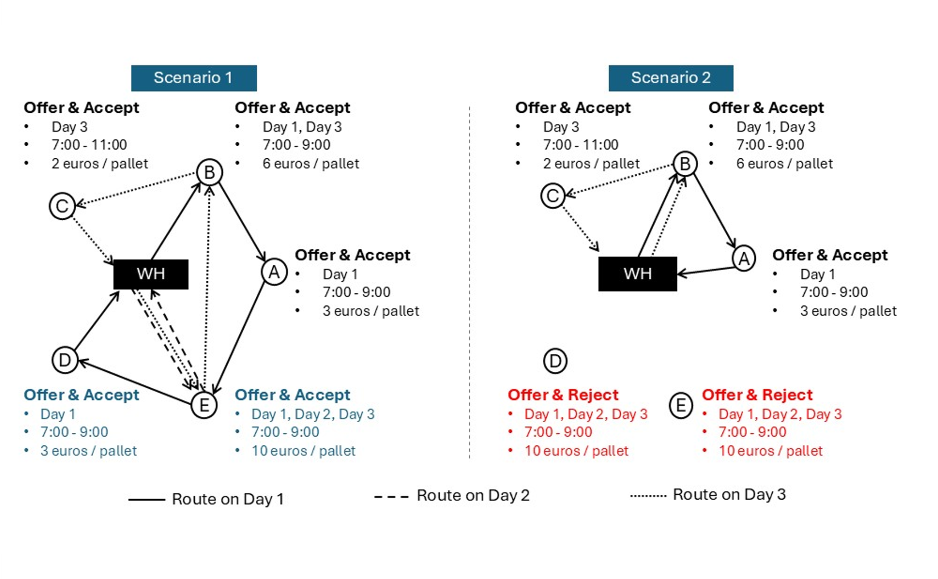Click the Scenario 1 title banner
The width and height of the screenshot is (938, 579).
coord(194,78)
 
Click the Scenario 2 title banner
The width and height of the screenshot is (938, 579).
coord(671,78)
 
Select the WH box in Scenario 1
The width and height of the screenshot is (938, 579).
coord(151,274)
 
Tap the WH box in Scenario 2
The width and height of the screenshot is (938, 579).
coord(637,274)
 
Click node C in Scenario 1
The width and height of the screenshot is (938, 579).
coord(62,206)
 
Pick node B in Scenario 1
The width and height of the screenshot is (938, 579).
coord(209,172)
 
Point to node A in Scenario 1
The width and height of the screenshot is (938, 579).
coord(274,271)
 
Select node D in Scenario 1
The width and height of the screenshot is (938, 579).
coord(65,360)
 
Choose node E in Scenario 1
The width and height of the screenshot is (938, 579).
coord(204,405)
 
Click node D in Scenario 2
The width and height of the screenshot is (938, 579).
coord(555,361)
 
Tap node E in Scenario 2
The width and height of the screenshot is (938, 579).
coord(681,405)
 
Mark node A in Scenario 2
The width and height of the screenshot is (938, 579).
coord(744,258)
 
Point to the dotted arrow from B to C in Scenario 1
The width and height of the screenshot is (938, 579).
coord(136,189)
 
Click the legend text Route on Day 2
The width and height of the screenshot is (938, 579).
coord(473,495)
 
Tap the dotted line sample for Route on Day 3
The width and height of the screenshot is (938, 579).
coord(648,496)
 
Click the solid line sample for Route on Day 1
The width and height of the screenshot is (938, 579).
coord(146,500)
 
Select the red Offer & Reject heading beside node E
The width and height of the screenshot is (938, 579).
coord(757,395)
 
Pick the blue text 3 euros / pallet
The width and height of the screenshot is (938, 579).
coord(88,451)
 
